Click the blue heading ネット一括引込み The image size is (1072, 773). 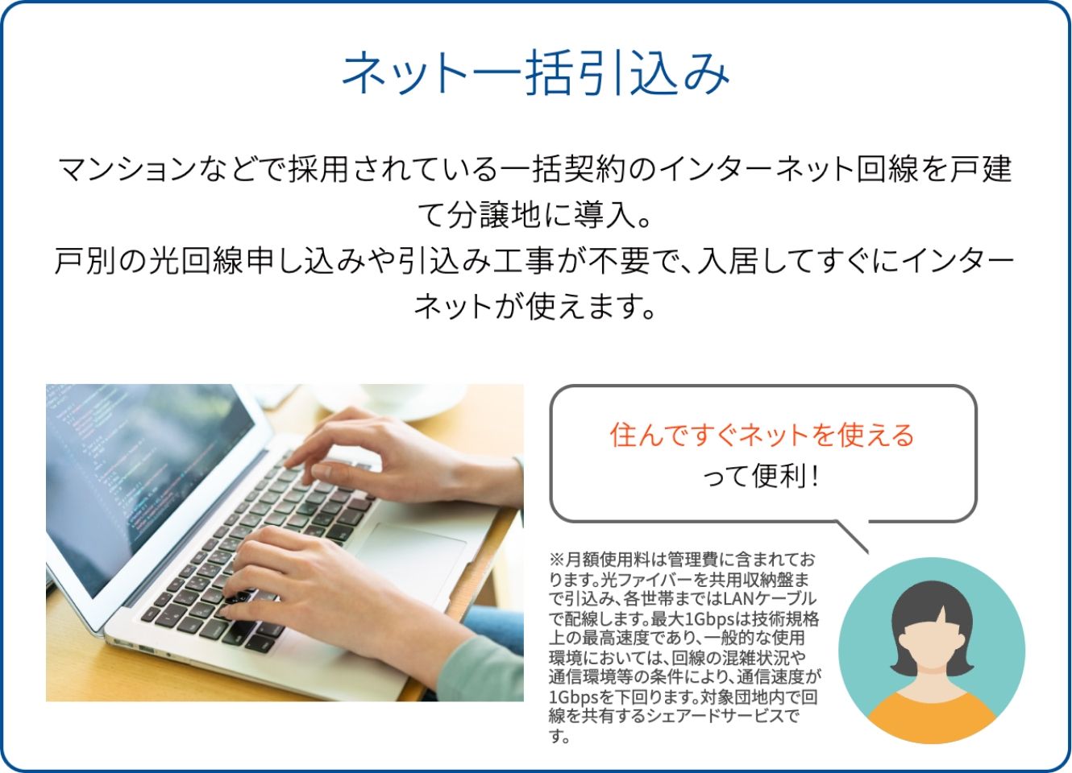[535, 73]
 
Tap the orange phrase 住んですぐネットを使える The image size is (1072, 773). [762, 436]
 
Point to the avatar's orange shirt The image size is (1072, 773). [931, 717]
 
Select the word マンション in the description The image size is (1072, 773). [127, 169]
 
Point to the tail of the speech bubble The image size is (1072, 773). [852, 537]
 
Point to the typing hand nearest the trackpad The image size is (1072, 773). [306, 583]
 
